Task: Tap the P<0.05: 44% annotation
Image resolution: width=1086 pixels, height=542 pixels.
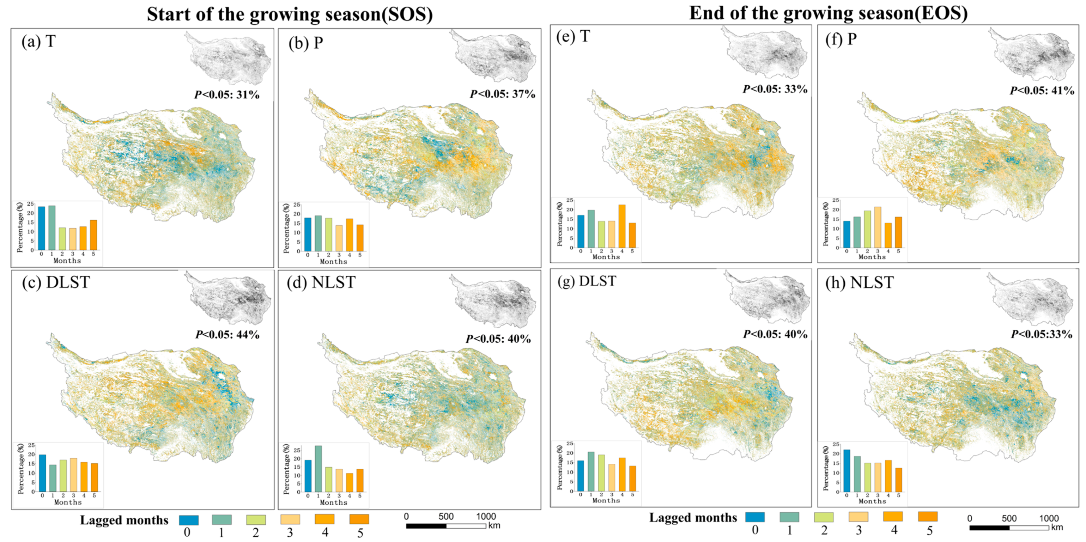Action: (227, 335)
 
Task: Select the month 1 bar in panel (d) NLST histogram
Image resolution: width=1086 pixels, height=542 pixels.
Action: (318, 469)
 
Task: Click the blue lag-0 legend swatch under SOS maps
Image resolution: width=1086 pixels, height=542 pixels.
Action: (188, 519)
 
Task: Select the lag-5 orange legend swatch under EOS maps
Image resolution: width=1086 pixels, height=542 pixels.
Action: (928, 516)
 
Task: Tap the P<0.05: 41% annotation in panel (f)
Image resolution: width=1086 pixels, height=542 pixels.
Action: (1042, 90)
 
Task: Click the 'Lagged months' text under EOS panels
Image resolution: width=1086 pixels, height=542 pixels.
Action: (693, 518)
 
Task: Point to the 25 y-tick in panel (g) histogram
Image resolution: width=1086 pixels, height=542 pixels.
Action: (570, 443)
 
